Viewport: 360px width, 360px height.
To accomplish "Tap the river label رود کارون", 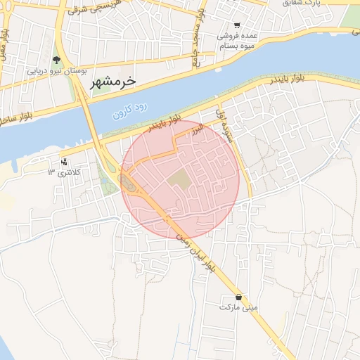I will [131, 112].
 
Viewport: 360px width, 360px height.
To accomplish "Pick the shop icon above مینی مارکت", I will [240, 296].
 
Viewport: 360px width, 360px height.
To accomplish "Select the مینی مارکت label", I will [239, 307].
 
